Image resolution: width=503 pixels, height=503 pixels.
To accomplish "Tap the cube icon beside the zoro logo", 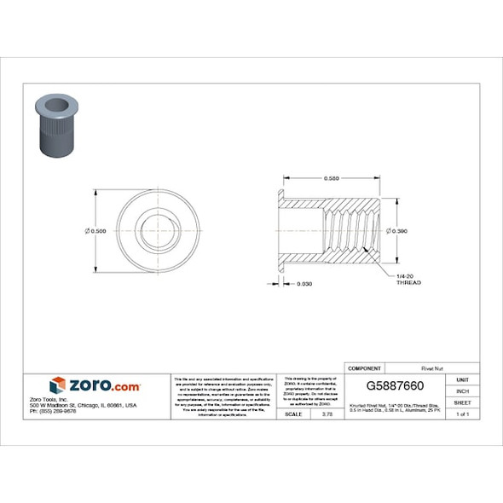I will pyautogui.click(x=57, y=385).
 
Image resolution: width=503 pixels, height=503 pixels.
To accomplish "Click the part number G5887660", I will pyautogui.click(x=396, y=386).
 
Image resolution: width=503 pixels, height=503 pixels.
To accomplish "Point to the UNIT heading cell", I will pyautogui.click(x=463, y=379).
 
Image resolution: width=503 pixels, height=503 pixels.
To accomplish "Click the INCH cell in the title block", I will pyautogui.click(x=463, y=390).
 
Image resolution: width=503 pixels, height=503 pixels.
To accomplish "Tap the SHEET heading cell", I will pyautogui.click(x=463, y=402).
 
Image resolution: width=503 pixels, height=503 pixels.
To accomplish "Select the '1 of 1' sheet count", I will pyautogui.click(x=463, y=413).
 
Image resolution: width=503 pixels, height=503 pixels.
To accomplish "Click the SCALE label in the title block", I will pyautogui.click(x=291, y=413).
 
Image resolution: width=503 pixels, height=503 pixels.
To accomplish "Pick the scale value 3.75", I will pyautogui.click(x=325, y=413).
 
